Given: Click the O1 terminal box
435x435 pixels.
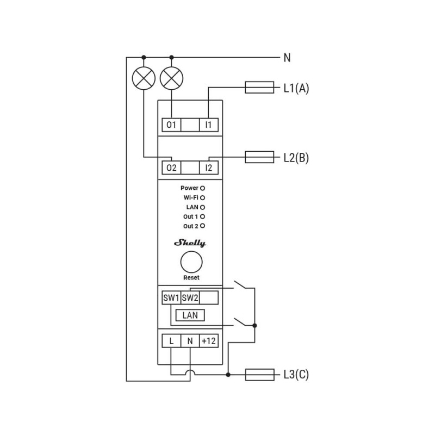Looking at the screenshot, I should coord(171,125).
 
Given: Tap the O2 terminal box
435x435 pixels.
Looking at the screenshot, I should coord(171,167).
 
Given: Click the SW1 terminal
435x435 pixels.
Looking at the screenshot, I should coord(171,298).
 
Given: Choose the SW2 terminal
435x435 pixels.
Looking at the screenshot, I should coord(190,298).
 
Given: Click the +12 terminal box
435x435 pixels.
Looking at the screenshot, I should coord(209,341).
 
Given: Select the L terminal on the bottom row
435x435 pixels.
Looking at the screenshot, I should coord(171,341).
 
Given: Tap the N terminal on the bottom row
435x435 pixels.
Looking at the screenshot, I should coord(190,341).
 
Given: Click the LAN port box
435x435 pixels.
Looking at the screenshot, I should coord(190,315).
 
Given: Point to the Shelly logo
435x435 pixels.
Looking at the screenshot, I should coord(190,243).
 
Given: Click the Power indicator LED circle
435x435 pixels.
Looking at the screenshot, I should coord(202,188).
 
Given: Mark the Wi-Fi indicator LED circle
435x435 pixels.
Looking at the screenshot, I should coord(202,197).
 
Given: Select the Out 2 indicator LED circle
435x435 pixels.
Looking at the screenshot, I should coord(202,226).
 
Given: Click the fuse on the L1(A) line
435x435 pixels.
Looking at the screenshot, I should coord(259,88).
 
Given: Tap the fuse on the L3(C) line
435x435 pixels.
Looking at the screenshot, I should coord(259,375).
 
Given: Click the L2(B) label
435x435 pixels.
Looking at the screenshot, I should coord(296,158).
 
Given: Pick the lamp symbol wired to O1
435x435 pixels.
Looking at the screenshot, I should coord(172,79).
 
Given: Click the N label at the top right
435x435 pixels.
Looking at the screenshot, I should coord(287,57).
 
